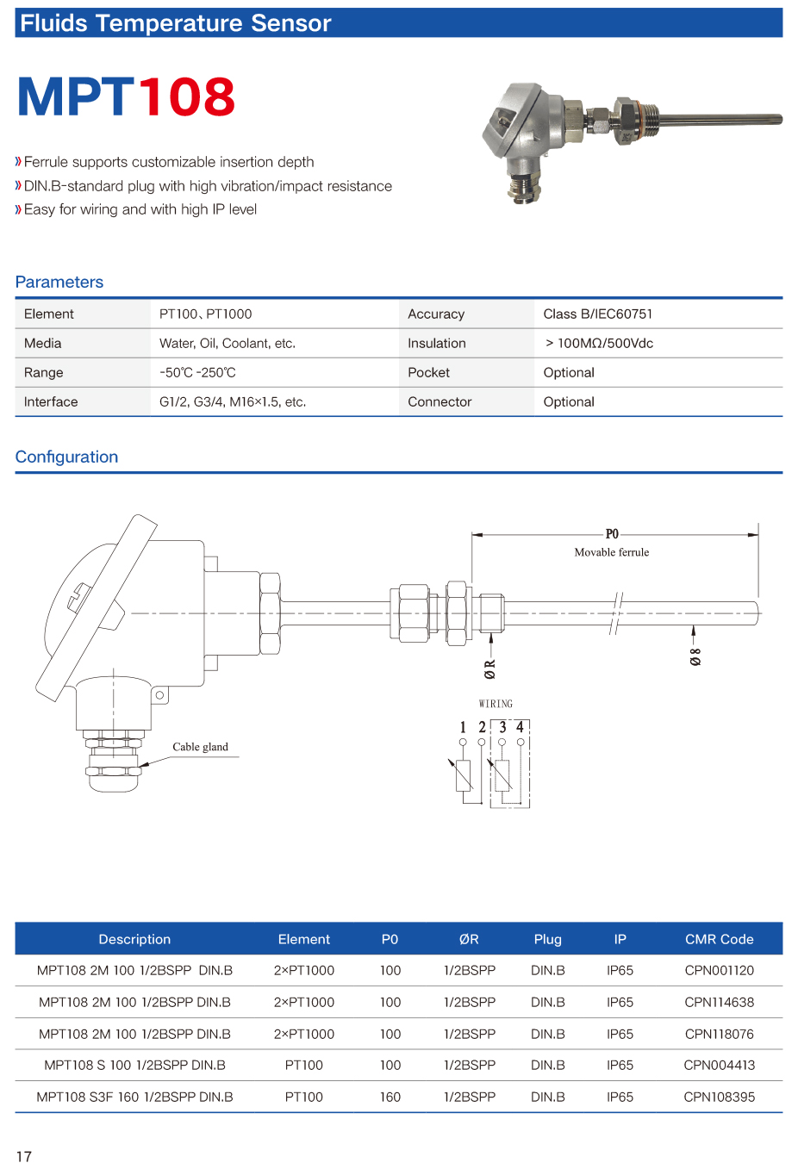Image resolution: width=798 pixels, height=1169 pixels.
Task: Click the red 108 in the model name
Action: (x=186, y=96)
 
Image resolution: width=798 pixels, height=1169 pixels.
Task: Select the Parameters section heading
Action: (x=59, y=283)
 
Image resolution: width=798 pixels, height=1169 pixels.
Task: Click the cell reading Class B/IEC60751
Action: (x=597, y=314)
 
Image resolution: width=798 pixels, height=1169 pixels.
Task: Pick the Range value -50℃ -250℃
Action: (x=197, y=373)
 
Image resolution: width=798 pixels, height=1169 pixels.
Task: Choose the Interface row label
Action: (x=51, y=402)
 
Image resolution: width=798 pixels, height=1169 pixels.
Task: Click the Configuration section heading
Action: (x=66, y=457)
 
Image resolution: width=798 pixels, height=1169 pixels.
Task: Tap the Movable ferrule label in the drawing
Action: (x=612, y=553)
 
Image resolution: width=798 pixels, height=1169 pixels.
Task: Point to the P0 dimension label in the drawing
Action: (x=612, y=534)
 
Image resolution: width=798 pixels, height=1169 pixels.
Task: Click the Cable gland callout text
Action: (x=200, y=748)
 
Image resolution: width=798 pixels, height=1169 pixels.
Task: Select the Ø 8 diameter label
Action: (x=695, y=656)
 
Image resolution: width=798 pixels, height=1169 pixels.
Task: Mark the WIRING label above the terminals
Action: (x=496, y=704)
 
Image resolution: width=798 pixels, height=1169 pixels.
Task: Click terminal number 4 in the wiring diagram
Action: (x=520, y=728)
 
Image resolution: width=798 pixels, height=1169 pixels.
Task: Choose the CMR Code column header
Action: (x=719, y=940)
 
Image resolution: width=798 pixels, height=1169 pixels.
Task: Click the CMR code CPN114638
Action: (x=719, y=1003)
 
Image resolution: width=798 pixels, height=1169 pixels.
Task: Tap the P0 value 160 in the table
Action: (x=390, y=1097)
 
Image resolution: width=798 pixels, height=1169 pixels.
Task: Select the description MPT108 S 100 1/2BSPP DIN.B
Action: (x=134, y=1066)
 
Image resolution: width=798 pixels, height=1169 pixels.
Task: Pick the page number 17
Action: (x=24, y=1157)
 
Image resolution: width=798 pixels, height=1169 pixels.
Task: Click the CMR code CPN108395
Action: (x=719, y=1097)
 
